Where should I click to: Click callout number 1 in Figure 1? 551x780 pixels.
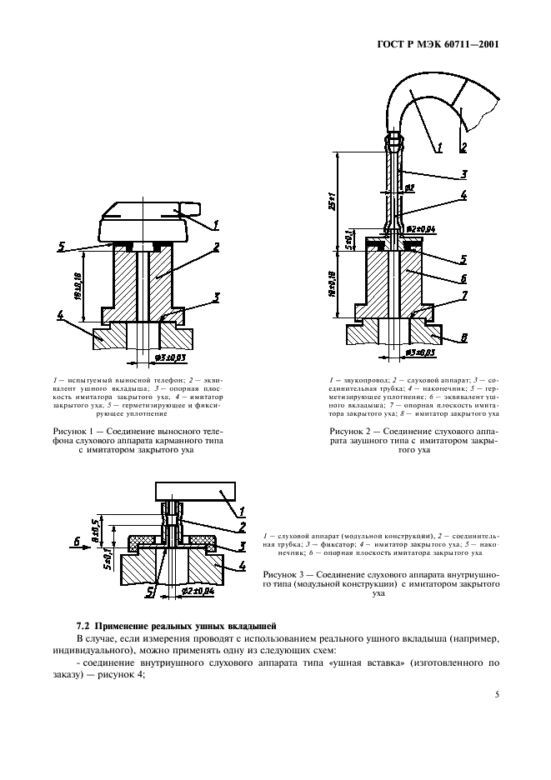216,224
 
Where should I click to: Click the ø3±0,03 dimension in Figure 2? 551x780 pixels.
422,352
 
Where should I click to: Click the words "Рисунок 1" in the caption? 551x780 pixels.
66,431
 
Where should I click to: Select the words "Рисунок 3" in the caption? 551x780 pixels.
288,575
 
